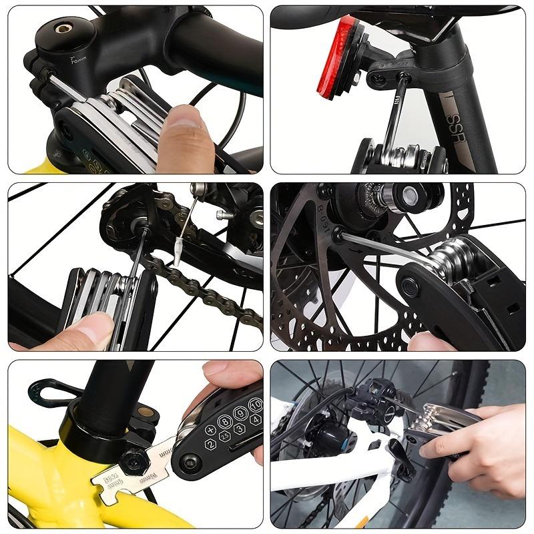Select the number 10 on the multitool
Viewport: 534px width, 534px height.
tap(254, 405)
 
